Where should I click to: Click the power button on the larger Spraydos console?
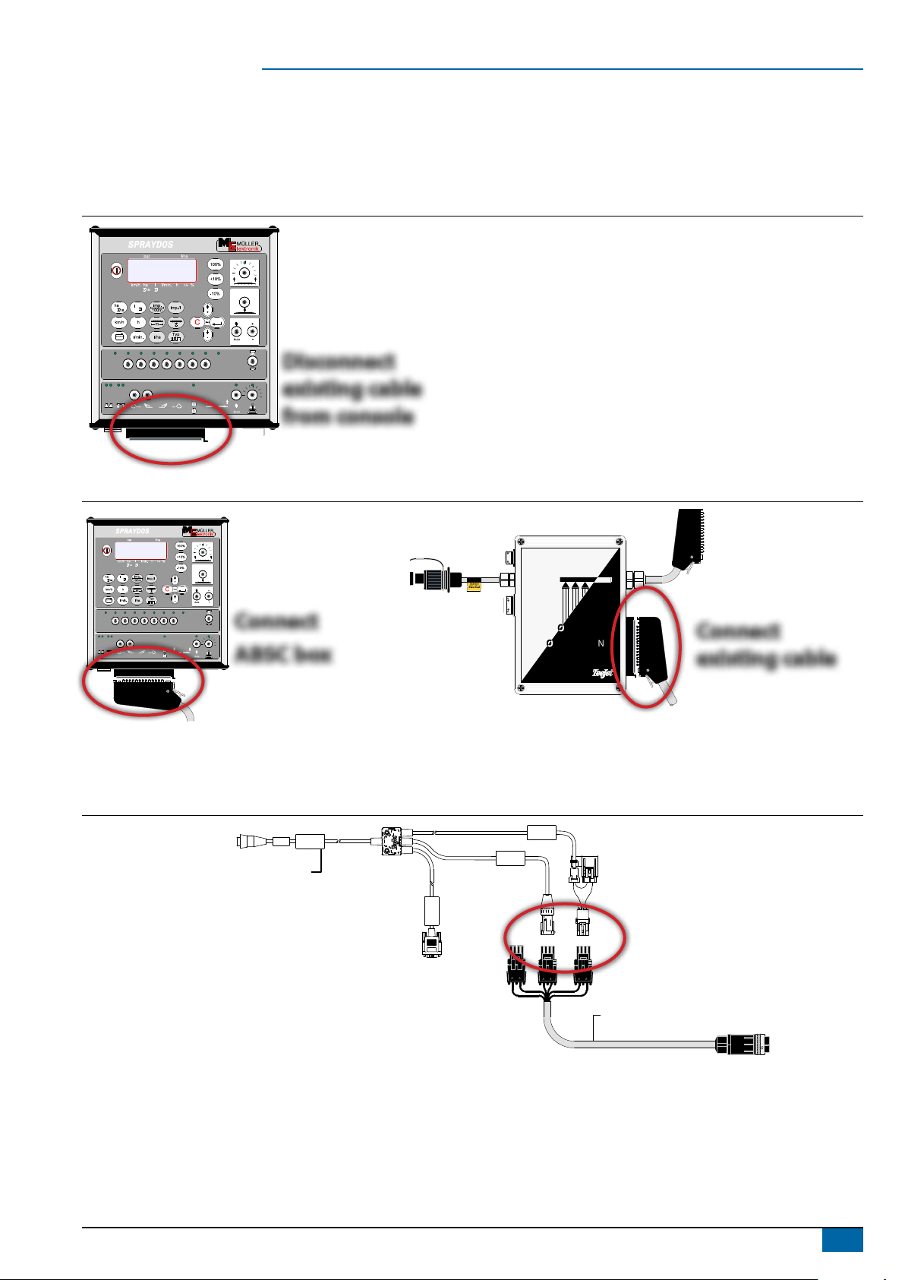pos(116,269)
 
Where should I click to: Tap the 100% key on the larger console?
pos(216,265)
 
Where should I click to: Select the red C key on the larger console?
pos(197,322)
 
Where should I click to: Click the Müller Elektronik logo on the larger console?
pos(238,244)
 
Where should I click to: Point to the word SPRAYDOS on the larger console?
pos(150,245)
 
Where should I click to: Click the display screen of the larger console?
pos(162,270)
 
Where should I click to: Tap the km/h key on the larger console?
pos(119,322)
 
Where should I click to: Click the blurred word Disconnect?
pos(339,362)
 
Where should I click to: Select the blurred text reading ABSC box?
pos(283,654)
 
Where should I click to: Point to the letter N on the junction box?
pos(601,643)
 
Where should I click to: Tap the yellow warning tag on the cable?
pos(475,586)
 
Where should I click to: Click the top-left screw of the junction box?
pos(522,542)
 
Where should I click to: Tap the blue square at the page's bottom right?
pos(842,1240)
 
